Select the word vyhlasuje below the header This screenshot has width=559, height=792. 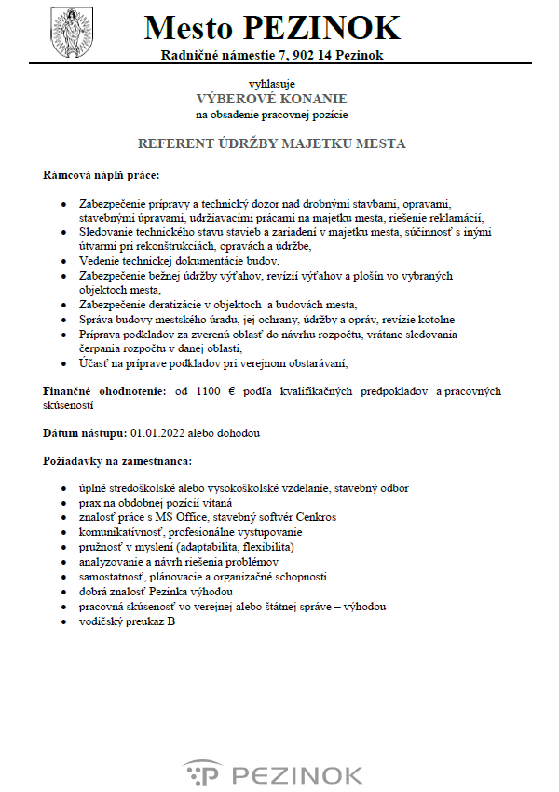pyautogui.click(x=271, y=83)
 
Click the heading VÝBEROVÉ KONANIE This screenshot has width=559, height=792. pyautogui.click(x=271, y=99)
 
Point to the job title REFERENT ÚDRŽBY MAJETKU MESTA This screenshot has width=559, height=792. pyautogui.click(x=271, y=144)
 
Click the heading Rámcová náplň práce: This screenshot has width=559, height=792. pyautogui.click(x=101, y=175)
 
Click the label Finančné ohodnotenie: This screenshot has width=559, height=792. pyautogui.click(x=104, y=392)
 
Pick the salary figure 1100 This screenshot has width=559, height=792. pyautogui.click(x=210, y=392)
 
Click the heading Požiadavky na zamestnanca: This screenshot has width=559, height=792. pyautogui.click(x=116, y=460)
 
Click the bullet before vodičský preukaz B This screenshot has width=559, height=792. pyautogui.click(x=62, y=621)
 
